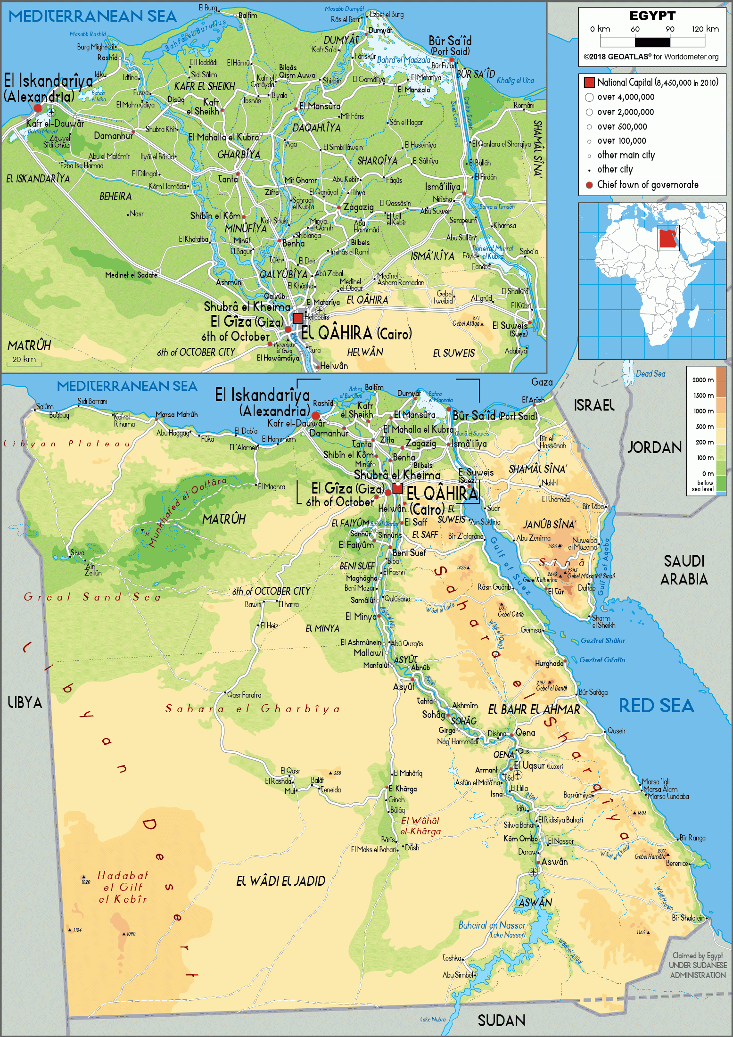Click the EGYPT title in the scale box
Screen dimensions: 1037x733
point(652,16)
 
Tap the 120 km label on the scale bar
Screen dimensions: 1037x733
point(705,29)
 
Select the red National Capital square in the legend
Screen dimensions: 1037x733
point(589,82)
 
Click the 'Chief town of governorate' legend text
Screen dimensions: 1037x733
point(648,185)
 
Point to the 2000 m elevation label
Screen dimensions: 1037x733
point(702,380)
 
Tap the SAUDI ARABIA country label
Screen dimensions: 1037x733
point(684,570)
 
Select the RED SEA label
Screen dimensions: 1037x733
point(656,706)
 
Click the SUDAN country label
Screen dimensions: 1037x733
point(501,1021)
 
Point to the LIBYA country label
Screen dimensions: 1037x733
point(25,703)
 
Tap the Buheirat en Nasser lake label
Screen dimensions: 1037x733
point(492,925)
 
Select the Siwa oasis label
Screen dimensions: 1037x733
point(77,553)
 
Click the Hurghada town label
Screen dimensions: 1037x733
point(549,663)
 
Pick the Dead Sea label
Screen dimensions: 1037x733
point(651,374)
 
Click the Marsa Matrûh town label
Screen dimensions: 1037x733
point(177,415)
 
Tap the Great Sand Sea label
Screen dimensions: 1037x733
point(92,597)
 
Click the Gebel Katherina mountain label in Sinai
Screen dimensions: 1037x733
point(540,580)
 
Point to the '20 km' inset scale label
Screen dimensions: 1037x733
point(24,359)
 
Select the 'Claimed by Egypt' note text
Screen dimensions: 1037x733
point(697,955)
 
